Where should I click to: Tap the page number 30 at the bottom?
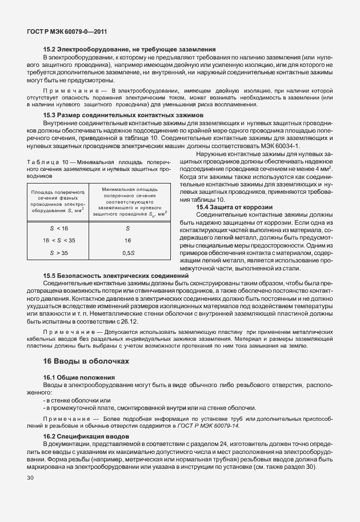tap(30, 477)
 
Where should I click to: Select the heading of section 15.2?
tap(129, 50)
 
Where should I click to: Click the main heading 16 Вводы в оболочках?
tap(86, 361)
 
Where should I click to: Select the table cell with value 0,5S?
tap(128, 252)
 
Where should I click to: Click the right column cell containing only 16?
tap(128, 240)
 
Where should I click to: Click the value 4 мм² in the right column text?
tap(324, 170)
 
